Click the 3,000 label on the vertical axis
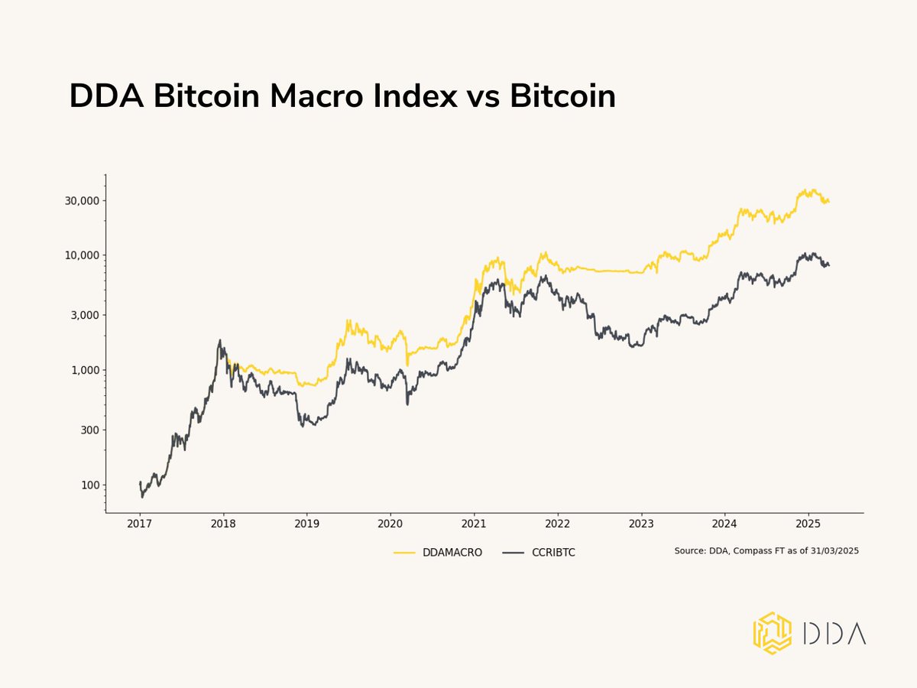(80, 315)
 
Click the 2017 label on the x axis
(139, 524)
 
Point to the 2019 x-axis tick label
(306, 524)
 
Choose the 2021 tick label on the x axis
(474, 524)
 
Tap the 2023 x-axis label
(641, 524)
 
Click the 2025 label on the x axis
(808, 524)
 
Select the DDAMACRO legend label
(452, 552)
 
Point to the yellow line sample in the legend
(404, 552)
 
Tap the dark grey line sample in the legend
(514, 552)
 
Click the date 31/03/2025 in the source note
(834, 550)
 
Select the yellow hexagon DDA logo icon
(773, 633)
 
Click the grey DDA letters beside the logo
(834, 633)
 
